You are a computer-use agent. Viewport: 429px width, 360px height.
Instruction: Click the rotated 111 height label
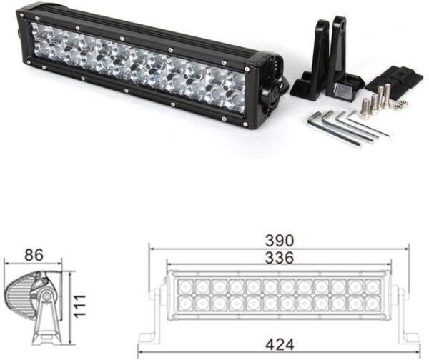tap(79, 306)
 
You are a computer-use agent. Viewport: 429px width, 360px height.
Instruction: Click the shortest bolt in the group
tap(365, 106)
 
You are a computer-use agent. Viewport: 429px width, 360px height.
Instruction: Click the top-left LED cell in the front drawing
tap(176, 286)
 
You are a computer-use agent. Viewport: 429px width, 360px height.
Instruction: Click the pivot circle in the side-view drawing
tap(45, 295)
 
